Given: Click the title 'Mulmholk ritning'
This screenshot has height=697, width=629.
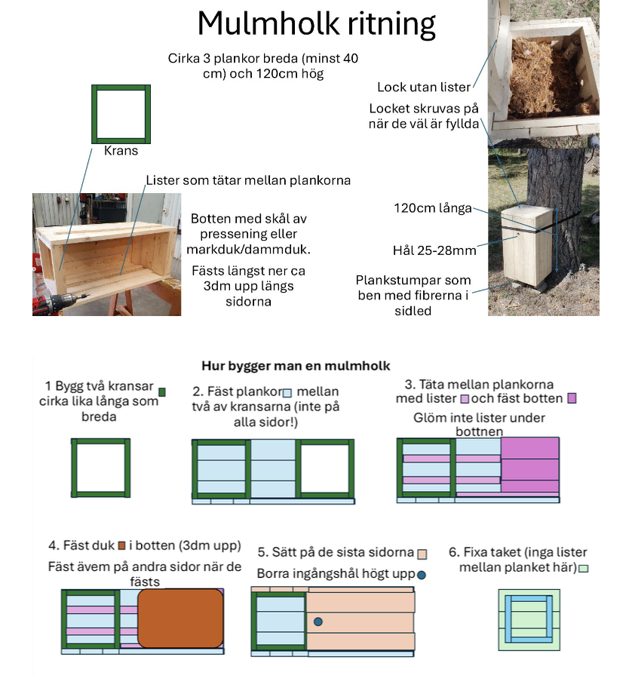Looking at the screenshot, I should click(x=316, y=25).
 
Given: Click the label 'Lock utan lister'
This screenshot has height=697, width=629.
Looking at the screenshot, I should click(x=424, y=88).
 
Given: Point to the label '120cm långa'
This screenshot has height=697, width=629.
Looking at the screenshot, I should click(x=433, y=208).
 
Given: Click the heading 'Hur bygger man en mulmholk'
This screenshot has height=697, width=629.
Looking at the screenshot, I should click(x=296, y=366).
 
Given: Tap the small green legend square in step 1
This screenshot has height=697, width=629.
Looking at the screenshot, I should click(x=162, y=391).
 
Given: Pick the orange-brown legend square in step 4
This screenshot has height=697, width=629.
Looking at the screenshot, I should click(x=121, y=545).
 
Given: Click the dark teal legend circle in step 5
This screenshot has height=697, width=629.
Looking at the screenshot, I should click(x=422, y=575).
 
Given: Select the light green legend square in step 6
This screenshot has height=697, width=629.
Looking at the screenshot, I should click(x=583, y=568).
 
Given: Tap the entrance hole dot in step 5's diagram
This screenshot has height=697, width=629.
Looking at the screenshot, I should click(x=318, y=622).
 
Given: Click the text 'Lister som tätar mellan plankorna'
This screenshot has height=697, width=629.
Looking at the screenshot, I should click(x=248, y=181).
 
